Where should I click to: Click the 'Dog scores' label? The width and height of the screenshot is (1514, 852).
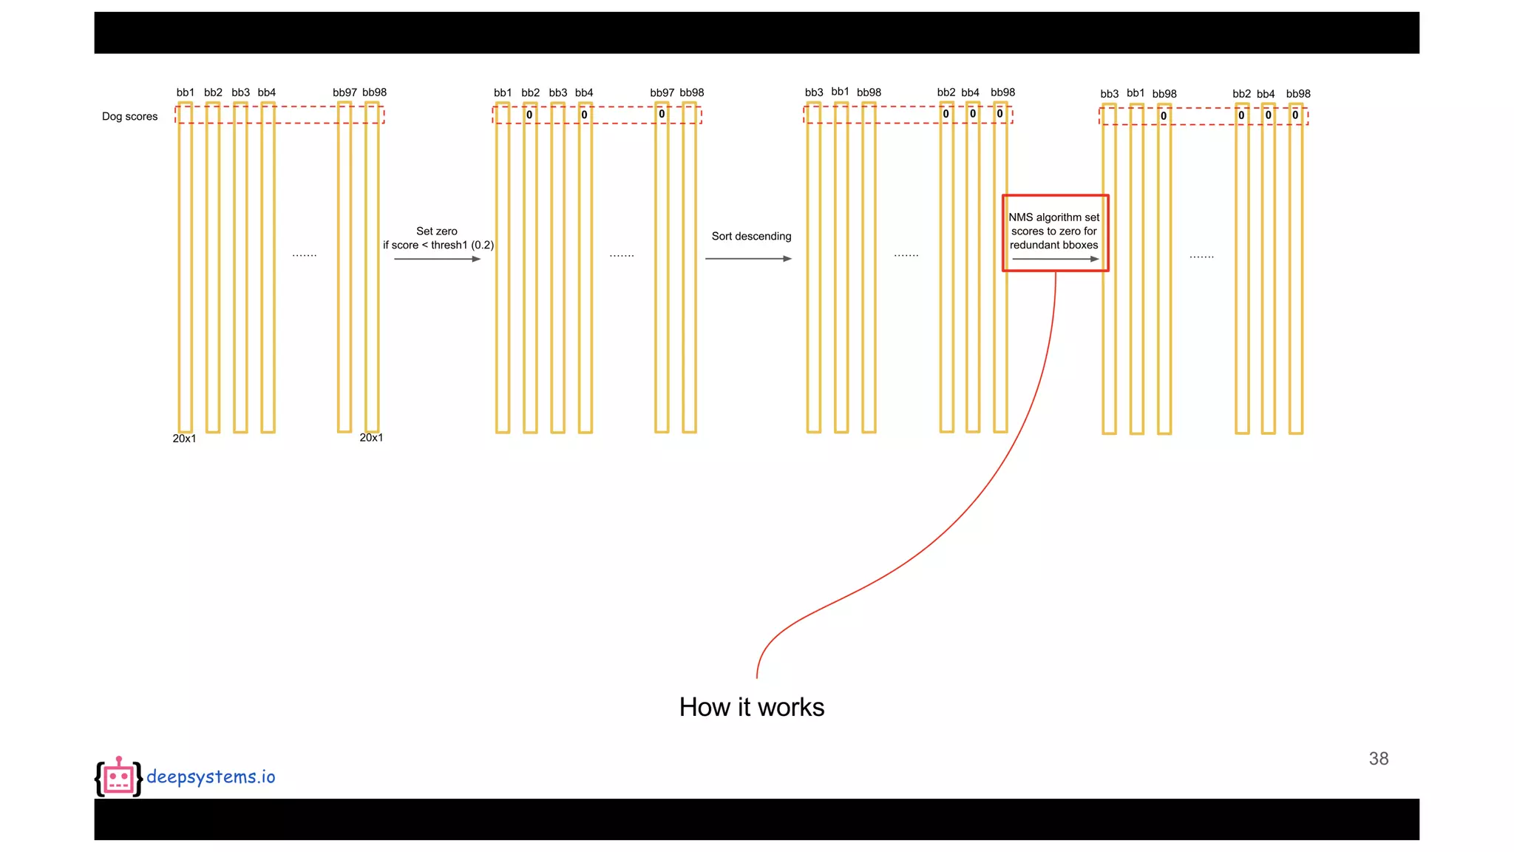pyautogui.click(x=129, y=116)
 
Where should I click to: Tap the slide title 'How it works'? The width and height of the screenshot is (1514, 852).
pyautogui.click(x=751, y=707)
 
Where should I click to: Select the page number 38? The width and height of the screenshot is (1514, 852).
pyautogui.click(x=1378, y=758)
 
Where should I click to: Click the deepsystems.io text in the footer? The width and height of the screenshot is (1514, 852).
pyautogui.click(x=211, y=777)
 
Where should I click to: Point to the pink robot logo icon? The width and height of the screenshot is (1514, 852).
pyautogui.click(x=118, y=777)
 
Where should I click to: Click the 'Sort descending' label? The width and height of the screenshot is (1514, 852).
pyautogui.click(x=751, y=236)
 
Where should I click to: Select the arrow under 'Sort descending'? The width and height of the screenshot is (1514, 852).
pyautogui.click(x=748, y=259)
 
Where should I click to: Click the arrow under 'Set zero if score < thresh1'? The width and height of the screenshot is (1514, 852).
pyautogui.click(x=437, y=259)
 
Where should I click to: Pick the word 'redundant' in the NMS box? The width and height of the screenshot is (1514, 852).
pyautogui.click(x=1034, y=245)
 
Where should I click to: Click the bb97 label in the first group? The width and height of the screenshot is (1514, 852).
pyautogui.click(x=344, y=92)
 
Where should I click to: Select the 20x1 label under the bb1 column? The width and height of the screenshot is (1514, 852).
pyautogui.click(x=184, y=439)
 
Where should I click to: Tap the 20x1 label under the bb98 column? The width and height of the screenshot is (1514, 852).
pyautogui.click(x=371, y=438)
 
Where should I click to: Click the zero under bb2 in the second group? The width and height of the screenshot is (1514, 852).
pyautogui.click(x=529, y=115)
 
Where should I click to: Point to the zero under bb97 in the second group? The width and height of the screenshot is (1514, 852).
pyautogui.click(x=662, y=114)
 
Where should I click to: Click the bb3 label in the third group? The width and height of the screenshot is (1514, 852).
pyautogui.click(x=814, y=92)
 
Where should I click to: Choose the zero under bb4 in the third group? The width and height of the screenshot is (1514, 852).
pyautogui.click(x=973, y=114)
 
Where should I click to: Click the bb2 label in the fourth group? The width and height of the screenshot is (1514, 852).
pyautogui.click(x=1241, y=94)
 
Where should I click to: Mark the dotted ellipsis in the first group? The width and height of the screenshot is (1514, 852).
pyautogui.click(x=305, y=255)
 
